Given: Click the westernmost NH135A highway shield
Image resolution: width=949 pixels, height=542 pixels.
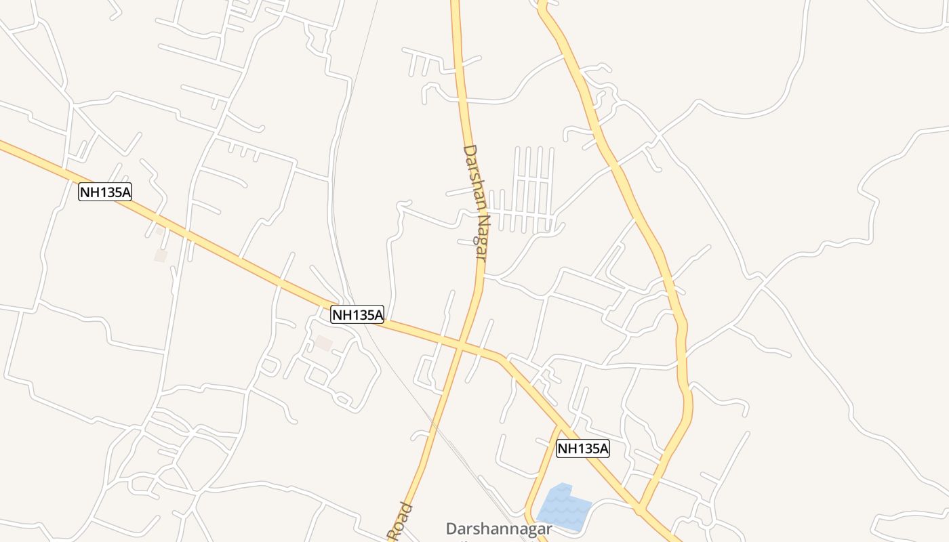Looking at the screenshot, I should click(105, 192).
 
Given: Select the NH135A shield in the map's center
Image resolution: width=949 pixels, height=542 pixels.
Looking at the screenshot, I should click(357, 314).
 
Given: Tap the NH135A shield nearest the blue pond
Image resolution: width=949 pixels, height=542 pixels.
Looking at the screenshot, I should click(583, 448).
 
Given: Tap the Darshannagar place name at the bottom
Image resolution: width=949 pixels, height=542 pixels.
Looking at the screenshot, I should click(499, 529).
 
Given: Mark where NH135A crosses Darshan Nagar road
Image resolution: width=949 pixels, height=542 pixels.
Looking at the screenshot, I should click(460, 345).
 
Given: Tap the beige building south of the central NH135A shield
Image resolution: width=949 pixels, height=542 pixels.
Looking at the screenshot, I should click(323, 343).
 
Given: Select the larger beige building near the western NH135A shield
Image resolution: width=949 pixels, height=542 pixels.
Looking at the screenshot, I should click(161, 255).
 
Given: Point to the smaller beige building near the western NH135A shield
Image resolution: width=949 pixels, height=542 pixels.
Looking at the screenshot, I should click(160, 230).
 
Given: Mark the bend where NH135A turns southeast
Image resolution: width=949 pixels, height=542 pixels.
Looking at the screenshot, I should click(502, 357).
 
